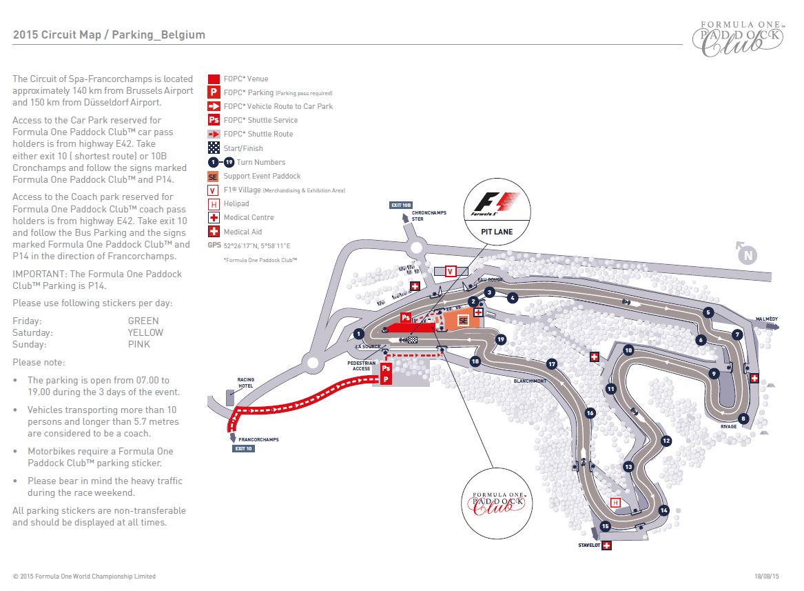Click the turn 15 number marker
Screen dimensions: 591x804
click(606, 526)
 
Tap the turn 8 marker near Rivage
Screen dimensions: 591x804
click(743, 418)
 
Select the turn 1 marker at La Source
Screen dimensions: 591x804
click(358, 333)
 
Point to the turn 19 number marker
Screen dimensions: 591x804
click(501, 339)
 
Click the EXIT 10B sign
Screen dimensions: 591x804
click(401, 205)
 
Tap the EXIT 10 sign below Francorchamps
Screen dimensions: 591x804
click(244, 448)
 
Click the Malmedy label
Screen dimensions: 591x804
click(766, 319)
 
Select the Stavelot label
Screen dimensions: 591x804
click(589, 545)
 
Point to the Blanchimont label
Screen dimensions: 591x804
click(530, 381)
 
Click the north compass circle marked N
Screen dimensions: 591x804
click(747, 255)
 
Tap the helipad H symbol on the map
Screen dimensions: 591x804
click(616, 502)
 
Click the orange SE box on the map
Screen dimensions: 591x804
click(463, 320)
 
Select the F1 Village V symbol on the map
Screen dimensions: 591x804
click(451, 271)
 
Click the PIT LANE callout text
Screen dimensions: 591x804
click(497, 232)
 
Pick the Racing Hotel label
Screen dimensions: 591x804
click(246, 383)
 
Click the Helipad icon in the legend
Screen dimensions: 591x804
click(214, 203)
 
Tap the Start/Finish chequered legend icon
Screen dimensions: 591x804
click(214, 148)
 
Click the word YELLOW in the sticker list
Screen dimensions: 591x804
click(145, 332)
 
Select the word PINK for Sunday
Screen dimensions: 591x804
click(139, 344)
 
